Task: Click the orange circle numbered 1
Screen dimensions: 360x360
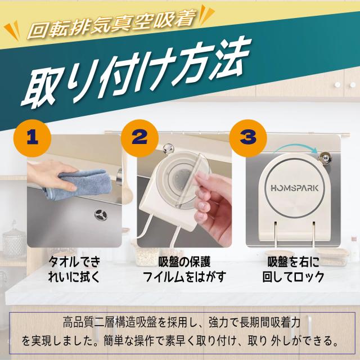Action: (x=33, y=138)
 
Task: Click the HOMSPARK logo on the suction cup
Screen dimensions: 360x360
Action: (x=295, y=188)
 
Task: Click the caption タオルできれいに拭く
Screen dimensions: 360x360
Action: (x=74, y=269)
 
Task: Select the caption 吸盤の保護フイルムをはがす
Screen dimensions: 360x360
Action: (x=184, y=269)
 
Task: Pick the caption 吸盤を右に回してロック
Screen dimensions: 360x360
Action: (x=293, y=269)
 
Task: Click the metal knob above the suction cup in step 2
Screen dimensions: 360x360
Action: (x=169, y=148)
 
